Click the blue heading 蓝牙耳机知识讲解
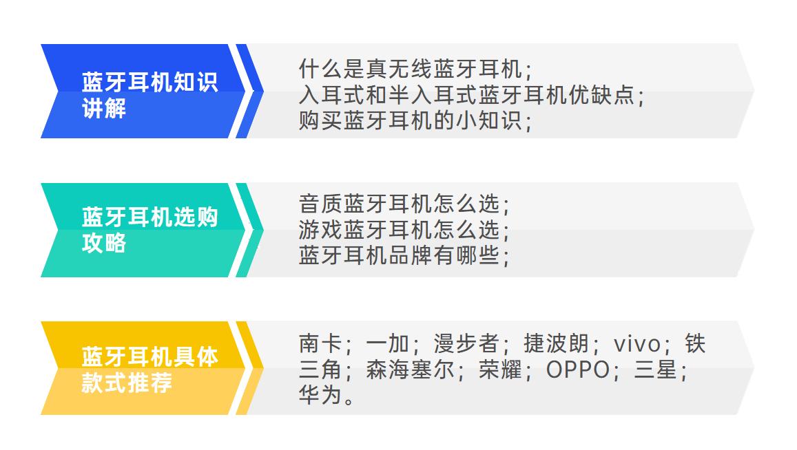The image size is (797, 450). pos(149,94)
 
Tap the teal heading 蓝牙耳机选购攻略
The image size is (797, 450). pos(149,230)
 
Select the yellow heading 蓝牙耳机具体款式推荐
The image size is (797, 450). pos(149,369)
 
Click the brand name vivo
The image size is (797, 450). pos(637,343)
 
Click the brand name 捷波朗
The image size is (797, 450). pos(556,343)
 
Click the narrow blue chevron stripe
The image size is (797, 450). pos(250,91)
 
